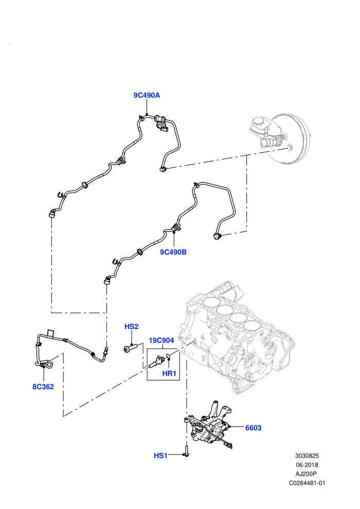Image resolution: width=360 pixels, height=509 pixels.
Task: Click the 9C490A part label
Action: pos(147,96)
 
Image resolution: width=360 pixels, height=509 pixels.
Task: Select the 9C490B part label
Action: pos(173,252)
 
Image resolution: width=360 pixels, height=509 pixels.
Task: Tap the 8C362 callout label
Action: pos(43,387)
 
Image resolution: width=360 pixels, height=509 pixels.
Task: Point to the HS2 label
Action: pos(132,326)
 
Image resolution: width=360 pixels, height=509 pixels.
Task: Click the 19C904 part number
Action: pos(161,340)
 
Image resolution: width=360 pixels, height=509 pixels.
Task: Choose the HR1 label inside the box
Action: pos(169,374)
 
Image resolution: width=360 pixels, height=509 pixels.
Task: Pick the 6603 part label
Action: pos(253,428)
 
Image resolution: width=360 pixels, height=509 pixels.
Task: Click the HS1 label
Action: pos(160,456)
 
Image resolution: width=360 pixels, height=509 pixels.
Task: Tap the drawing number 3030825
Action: pos(307,456)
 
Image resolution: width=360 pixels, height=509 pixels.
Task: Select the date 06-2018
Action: pos(307,465)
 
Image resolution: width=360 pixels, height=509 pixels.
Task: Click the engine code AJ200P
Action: pos(307,474)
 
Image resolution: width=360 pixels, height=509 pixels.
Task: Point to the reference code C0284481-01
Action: pos(307,483)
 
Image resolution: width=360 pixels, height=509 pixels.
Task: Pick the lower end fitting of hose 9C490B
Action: pos(107,280)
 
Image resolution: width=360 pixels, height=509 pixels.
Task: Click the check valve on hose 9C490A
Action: pos(161,122)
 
